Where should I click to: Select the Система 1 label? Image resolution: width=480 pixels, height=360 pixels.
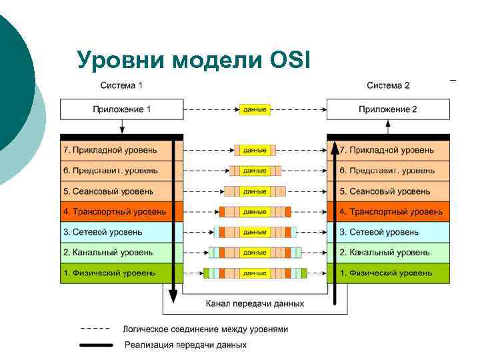point(121,85)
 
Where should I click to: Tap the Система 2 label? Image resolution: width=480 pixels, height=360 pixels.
point(388,85)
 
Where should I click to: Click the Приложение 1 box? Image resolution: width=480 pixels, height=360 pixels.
point(121,109)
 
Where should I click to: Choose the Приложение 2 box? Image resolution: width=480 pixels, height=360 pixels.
point(388,109)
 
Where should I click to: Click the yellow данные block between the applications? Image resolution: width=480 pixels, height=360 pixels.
point(255,109)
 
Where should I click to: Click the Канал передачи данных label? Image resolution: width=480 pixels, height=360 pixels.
point(255,303)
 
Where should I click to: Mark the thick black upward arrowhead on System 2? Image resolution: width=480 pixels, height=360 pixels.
point(336,148)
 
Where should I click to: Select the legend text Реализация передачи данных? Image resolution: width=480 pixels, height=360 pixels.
point(185,345)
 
